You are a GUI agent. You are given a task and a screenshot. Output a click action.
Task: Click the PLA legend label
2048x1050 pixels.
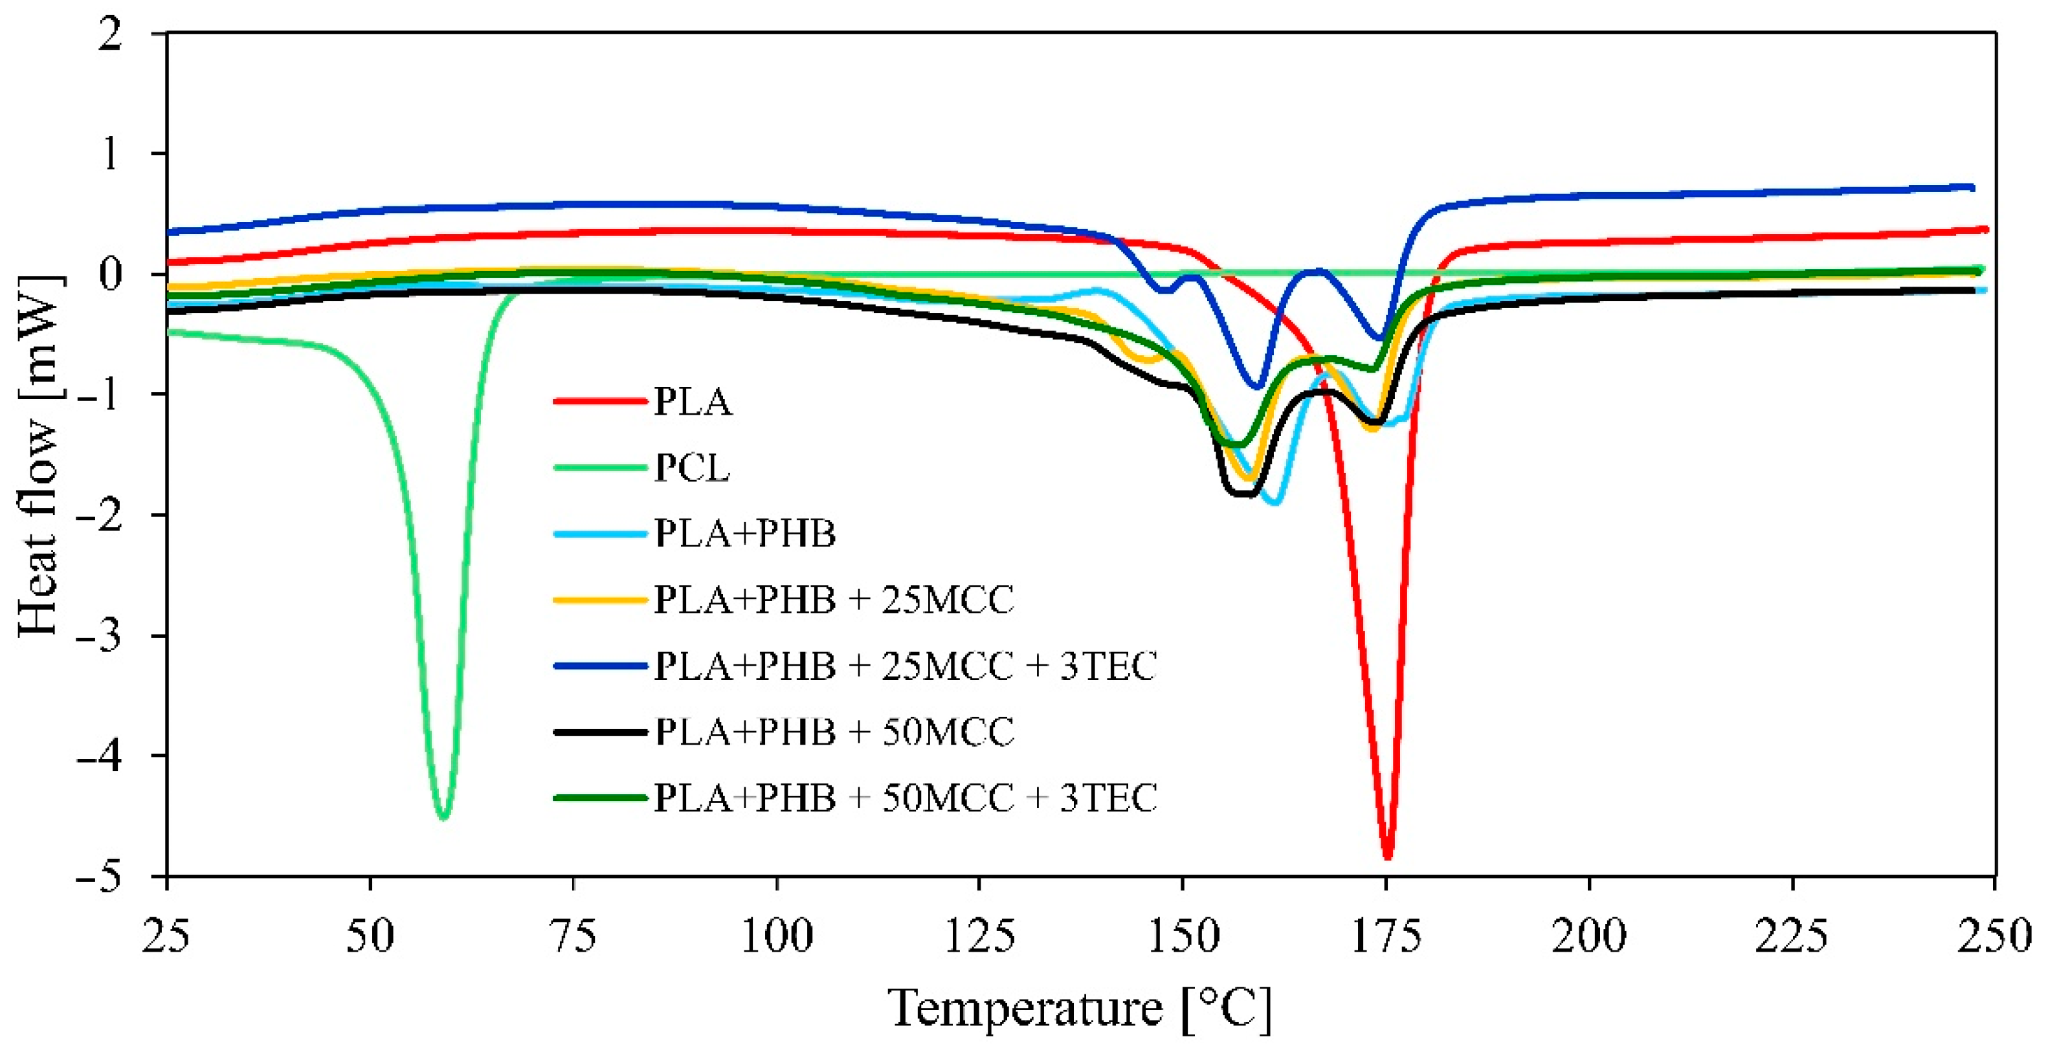pos(692,402)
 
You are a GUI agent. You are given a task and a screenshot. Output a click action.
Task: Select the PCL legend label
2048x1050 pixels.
pos(692,468)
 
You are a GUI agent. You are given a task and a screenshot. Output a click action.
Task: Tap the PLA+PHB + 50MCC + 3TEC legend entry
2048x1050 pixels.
pos(905,798)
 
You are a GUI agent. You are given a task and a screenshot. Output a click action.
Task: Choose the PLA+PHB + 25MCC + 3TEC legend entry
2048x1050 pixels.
pos(905,666)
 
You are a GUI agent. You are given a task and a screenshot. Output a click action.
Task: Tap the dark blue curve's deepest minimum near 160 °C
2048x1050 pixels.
pos(1258,387)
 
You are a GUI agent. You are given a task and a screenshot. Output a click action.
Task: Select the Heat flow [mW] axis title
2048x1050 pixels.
pos(39,455)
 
